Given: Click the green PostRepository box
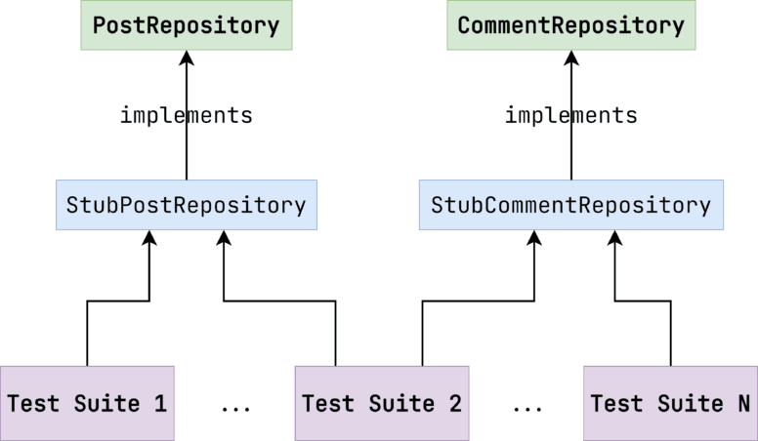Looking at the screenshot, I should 186,25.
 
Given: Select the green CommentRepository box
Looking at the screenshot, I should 570,25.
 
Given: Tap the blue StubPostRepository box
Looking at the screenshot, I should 186,205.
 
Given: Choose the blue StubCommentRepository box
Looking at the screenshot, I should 570,205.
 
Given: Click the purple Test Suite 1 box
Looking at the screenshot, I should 87,403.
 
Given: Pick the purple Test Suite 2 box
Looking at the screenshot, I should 382,403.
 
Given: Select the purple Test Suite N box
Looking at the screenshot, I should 670,403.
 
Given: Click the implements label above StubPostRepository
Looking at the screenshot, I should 186,115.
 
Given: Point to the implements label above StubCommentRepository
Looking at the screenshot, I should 570,115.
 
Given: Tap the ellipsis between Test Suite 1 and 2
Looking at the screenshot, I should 235,404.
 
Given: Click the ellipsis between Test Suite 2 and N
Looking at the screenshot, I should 527,404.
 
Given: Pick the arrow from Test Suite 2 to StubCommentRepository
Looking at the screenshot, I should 479,301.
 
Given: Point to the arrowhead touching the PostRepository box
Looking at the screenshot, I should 186,59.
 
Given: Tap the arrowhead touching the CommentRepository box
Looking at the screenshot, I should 571,59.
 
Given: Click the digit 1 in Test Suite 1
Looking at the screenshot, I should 159,403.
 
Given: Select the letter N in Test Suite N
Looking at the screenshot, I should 743,403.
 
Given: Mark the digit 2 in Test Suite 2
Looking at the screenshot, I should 454,403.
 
